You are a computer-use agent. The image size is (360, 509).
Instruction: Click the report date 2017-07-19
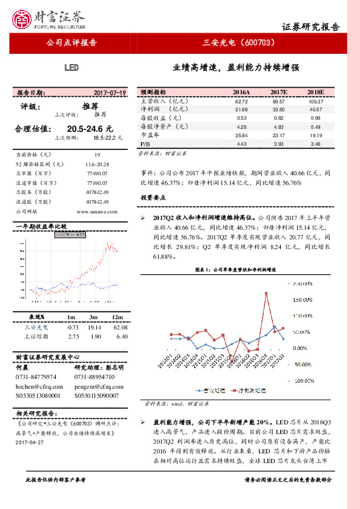(110, 92)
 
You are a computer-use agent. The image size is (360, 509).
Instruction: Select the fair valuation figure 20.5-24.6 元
(90, 129)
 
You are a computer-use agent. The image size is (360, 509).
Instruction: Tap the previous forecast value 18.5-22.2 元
(108, 138)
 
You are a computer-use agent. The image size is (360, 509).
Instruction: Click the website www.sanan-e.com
(97, 212)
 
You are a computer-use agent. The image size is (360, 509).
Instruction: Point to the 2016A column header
(241, 92)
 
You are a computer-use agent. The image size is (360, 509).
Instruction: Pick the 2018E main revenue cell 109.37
(316, 102)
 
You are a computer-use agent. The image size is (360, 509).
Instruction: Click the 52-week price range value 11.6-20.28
(97, 164)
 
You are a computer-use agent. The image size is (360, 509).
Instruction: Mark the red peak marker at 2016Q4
(266, 293)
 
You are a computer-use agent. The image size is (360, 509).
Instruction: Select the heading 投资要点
(153, 198)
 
